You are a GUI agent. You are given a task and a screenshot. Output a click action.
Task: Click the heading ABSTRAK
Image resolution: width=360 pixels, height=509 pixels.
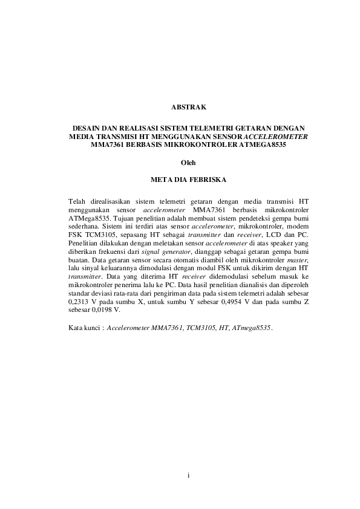click(x=189, y=108)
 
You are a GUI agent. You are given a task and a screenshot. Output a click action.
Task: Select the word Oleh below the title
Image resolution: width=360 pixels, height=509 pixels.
click(x=189, y=163)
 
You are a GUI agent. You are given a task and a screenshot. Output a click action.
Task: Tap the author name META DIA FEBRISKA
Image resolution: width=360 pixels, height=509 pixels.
click(x=189, y=180)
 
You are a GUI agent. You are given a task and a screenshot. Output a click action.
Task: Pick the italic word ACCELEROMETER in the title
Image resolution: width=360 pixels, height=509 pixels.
click(x=277, y=137)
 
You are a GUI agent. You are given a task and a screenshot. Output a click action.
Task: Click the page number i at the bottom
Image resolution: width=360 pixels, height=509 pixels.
click(x=189, y=476)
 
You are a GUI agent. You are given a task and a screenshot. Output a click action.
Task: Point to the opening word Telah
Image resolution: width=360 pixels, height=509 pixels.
click(x=77, y=199)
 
